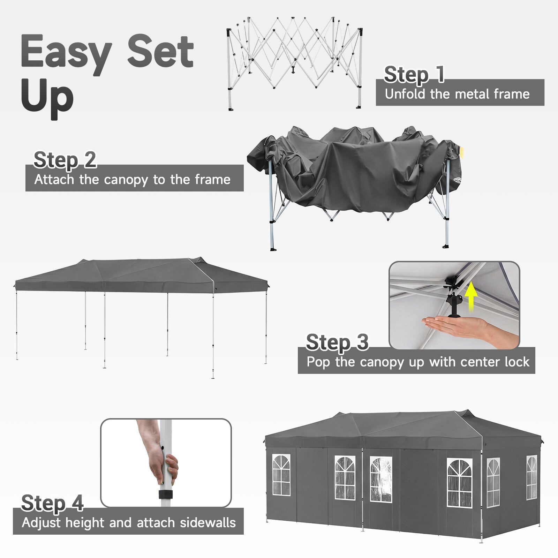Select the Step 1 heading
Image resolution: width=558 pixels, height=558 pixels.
414,74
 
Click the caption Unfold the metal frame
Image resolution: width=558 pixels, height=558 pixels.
457,94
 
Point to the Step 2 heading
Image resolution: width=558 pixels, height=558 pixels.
65,160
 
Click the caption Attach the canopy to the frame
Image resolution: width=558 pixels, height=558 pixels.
133,180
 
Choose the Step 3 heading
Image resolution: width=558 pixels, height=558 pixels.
337,342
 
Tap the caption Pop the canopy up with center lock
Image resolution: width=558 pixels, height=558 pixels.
418,362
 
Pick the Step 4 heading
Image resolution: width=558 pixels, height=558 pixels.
52,503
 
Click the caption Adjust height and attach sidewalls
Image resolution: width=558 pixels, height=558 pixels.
129,523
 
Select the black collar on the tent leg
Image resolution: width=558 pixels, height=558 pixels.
166,495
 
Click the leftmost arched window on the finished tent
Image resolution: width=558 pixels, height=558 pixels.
281,475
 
